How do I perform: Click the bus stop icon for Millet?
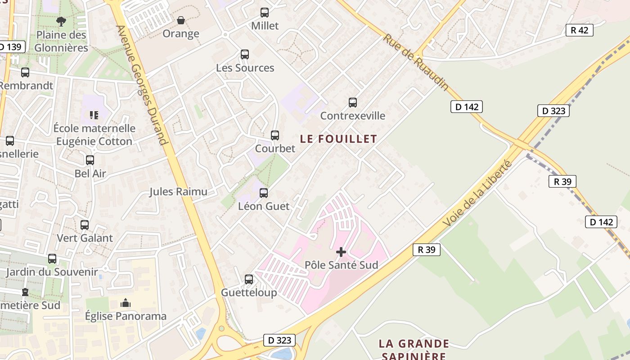pyautogui.click(x=265, y=13)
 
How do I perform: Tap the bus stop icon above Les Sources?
pyautogui.click(x=245, y=54)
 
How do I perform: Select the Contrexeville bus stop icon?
pyautogui.click(x=353, y=103)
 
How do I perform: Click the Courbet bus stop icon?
pyautogui.click(x=275, y=135)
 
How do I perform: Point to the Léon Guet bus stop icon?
pyautogui.click(x=264, y=193)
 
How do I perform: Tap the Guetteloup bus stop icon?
pyautogui.click(x=249, y=279)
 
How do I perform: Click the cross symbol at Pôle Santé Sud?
pyautogui.click(x=341, y=252)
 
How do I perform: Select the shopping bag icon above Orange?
pyautogui.click(x=181, y=21)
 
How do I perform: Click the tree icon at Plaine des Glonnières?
pyautogui.click(x=61, y=21)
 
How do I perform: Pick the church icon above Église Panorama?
pyautogui.click(x=126, y=303)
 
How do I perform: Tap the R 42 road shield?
pyautogui.click(x=579, y=30)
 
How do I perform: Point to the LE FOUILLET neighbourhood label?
pyautogui.click(x=338, y=139)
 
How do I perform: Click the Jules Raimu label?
pyautogui.click(x=178, y=192)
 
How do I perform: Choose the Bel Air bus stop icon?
pyautogui.click(x=90, y=160)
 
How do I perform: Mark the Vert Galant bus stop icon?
pyautogui.click(x=85, y=225)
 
